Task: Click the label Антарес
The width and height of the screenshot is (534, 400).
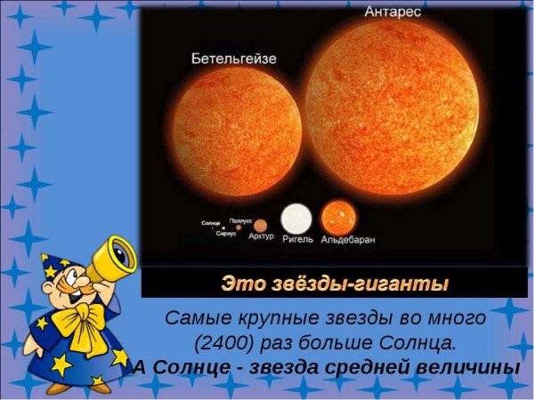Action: coord(392,12)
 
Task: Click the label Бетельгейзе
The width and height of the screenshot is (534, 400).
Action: coord(234,59)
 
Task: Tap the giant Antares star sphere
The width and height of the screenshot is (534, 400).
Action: coord(403,103)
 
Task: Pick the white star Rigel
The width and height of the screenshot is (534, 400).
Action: coord(296,219)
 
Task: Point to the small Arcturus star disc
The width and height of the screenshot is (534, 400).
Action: coord(259,226)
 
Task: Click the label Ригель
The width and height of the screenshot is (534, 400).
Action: coord(296,239)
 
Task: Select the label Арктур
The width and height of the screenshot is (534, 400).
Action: coord(261,238)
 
